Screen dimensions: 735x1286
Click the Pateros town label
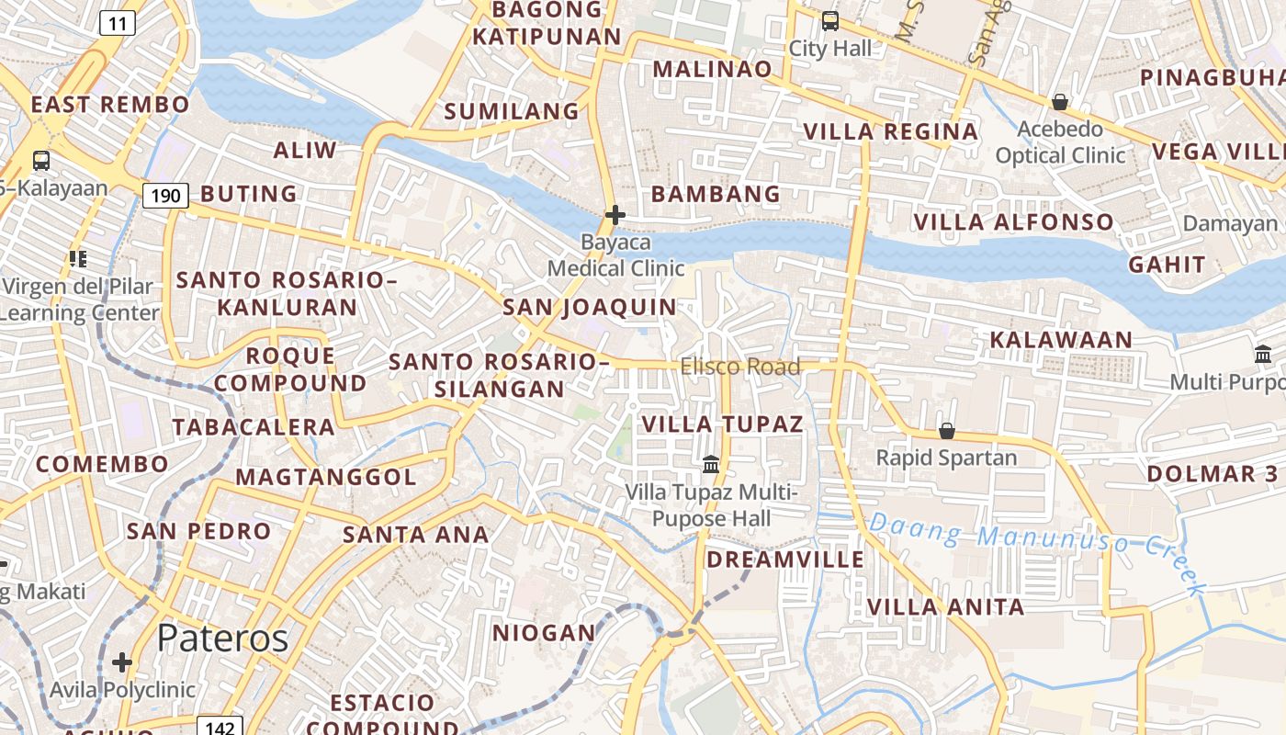pyautogui.click(x=222, y=638)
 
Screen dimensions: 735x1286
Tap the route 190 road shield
pyautogui.click(x=165, y=195)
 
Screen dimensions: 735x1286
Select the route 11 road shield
pyautogui.click(x=117, y=23)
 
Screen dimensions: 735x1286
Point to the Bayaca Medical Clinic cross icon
pyautogui.click(x=615, y=215)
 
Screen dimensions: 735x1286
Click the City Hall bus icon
pyautogui.click(x=830, y=20)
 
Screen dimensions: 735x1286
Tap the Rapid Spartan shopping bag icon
pyautogui.click(x=946, y=431)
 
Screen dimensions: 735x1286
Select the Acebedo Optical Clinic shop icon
pyautogui.click(x=1060, y=102)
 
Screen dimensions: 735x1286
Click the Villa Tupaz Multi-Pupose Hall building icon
pyautogui.click(x=711, y=465)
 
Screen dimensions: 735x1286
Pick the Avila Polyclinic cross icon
pyautogui.click(x=122, y=662)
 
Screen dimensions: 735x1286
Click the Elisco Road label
pyautogui.click(x=740, y=367)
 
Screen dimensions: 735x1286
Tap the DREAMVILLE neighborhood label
pyautogui.click(x=785, y=560)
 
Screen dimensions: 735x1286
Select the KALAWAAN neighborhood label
pyautogui.click(x=1061, y=340)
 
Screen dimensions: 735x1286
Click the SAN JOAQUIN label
pyautogui.click(x=589, y=307)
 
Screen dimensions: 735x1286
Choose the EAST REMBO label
pyautogui.click(x=110, y=105)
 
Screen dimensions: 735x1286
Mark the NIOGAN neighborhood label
pyautogui.click(x=545, y=633)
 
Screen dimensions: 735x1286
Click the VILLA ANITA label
pyautogui.click(x=945, y=606)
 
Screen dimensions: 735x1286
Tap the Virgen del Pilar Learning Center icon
pyautogui.click(x=78, y=259)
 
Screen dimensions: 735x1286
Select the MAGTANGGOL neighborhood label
pyautogui.click(x=326, y=477)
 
